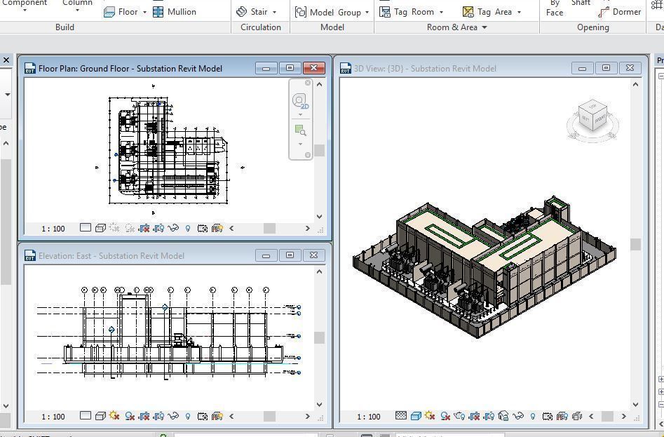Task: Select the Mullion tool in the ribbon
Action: click(175, 12)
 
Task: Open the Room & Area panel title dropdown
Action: click(457, 27)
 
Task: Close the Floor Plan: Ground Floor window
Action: click(313, 68)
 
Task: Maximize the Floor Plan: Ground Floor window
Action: click(290, 68)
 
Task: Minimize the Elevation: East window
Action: click(266, 255)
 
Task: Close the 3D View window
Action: click(630, 68)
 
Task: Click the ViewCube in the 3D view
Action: click(592, 120)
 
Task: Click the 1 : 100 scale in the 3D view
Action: click(369, 417)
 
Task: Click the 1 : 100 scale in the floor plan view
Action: click(53, 229)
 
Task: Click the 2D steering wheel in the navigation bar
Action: click(300, 101)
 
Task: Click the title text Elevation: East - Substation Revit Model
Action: click(111, 256)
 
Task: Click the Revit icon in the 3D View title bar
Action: click(345, 68)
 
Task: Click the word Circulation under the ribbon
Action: click(260, 27)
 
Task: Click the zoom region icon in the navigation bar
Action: click(300, 130)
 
